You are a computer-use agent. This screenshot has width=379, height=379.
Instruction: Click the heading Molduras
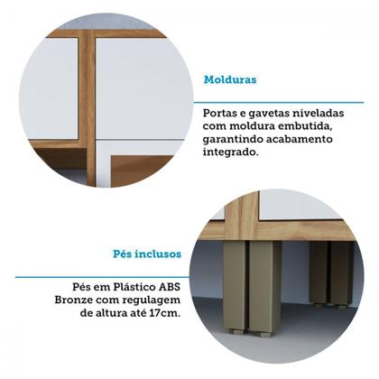point(230,79)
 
